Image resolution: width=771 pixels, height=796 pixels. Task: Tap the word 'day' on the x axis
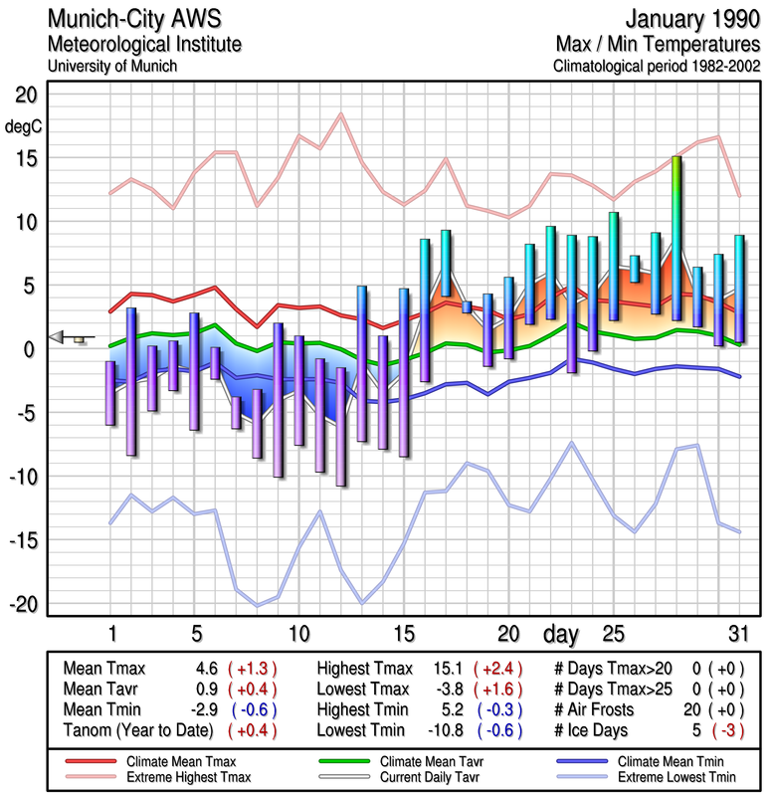tap(561, 633)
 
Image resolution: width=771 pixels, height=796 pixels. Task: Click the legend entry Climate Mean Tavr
tap(438, 759)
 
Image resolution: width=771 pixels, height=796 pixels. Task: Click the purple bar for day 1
tap(110, 393)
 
